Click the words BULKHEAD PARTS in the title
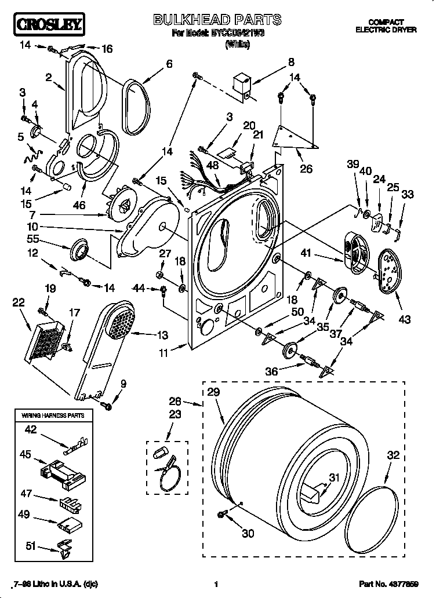(x=217, y=20)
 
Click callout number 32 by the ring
(x=393, y=455)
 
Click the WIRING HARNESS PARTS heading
(x=53, y=415)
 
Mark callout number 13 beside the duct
(x=162, y=334)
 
